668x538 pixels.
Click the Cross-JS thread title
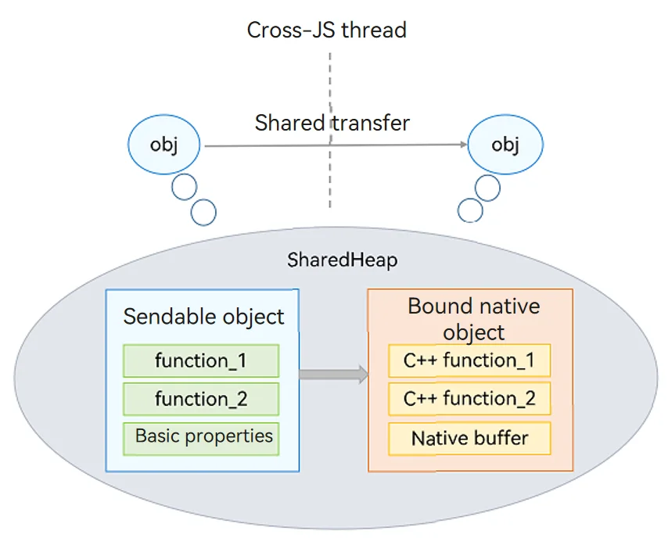pyautogui.click(x=327, y=30)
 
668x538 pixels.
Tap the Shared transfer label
pyautogui.click(x=332, y=123)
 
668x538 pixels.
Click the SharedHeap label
pyautogui.click(x=343, y=260)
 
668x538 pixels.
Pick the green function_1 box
pyautogui.click(x=201, y=360)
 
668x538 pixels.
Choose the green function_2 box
pyautogui.click(x=201, y=399)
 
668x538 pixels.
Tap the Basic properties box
pyautogui.click(x=201, y=439)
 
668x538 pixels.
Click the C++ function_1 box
pyautogui.click(x=469, y=360)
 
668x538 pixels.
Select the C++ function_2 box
pyautogui.click(x=469, y=399)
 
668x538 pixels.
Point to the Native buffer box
pyautogui.click(x=469, y=439)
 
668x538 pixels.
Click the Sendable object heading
pyautogui.click(x=203, y=317)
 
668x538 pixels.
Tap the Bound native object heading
pyautogui.click(x=474, y=319)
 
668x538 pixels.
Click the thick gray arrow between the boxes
pyautogui.click(x=333, y=375)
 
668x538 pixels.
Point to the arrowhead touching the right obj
pyautogui.click(x=465, y=145)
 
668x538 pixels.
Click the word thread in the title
pyautogui.click(x=374, y=30)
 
